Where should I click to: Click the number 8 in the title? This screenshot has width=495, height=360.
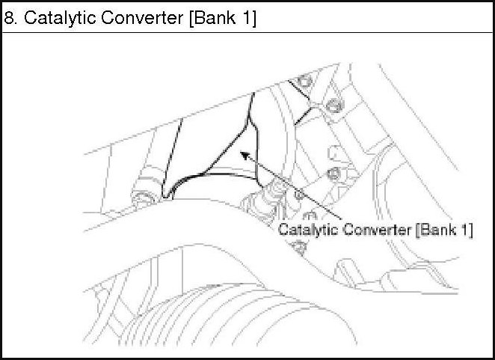9,19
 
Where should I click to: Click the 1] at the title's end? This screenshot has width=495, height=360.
248,19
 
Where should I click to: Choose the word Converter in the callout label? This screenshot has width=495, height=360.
375,230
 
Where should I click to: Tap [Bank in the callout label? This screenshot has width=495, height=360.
434,230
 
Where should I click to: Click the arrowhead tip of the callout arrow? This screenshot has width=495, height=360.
240,153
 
